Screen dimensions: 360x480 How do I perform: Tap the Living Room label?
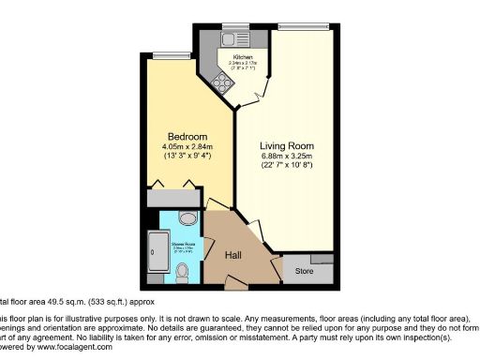pos(287,145)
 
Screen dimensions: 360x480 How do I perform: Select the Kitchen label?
pos(231,57)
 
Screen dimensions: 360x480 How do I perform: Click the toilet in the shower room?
pos(184,273)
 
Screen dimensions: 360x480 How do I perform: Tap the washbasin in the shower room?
pos(186,219)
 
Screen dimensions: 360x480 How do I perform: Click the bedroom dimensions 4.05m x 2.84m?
pos(188,146)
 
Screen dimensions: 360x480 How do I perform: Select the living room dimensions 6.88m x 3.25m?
pos(287,157)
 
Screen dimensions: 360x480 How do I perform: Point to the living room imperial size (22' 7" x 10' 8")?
pos(287,167)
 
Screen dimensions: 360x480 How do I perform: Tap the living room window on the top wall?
pos(288,24)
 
